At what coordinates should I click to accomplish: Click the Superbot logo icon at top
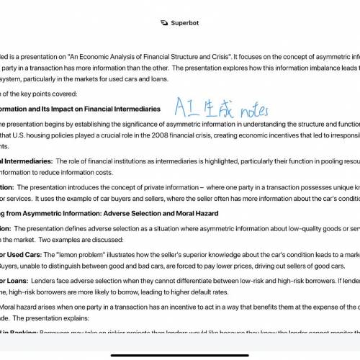[x=165, y=23]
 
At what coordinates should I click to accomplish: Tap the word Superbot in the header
[x=186, y=23]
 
